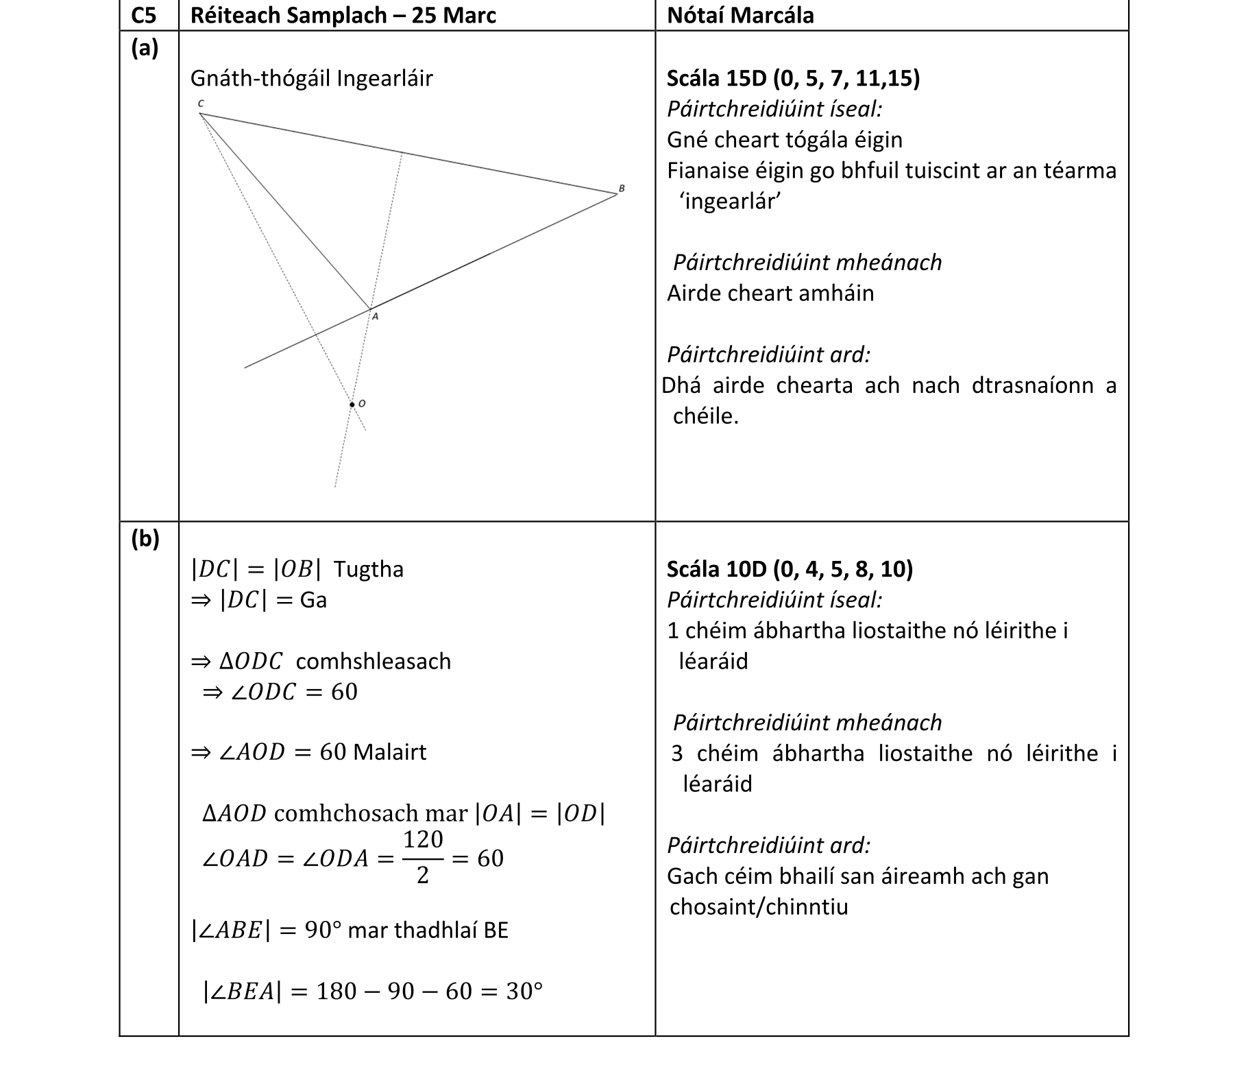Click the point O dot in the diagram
point(352,405)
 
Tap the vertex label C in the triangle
point(200,104)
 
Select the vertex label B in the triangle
point(622,187)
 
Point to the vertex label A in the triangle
point(375,317)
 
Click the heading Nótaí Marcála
point(740,15)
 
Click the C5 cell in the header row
point(145,15)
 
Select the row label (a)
point(145,48)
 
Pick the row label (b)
point(145,539)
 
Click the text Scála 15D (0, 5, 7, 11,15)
point(793,79)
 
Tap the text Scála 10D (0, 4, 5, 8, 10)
point(790,569)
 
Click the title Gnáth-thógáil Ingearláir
point(311,79)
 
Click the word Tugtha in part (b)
point(369,569)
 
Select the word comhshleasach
point(374,661)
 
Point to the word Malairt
point(389,752)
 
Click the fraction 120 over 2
point(423,857)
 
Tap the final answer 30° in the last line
point(524,992)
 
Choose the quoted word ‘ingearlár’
point(730,202)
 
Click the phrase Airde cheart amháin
point(770,293)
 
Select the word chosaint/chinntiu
point(759,907)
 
